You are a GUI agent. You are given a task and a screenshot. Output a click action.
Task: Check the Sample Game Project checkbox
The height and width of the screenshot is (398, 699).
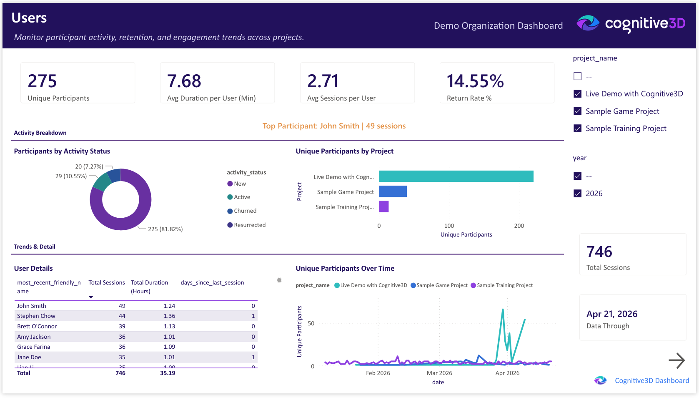click(x=577, y=111)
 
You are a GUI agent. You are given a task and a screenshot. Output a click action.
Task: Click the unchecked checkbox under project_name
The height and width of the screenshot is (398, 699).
click(x=577, y=76)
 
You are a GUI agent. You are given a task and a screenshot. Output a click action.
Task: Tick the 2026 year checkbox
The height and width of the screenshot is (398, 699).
click(x=577, y=194)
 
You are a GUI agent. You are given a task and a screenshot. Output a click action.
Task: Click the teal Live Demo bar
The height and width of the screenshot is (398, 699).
click(x=456, y=176)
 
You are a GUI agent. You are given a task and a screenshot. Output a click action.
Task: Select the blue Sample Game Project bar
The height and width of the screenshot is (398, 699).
click(x=392, y=191)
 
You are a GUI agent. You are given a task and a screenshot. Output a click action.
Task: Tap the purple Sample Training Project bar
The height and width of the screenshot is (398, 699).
click(x=383, y=207)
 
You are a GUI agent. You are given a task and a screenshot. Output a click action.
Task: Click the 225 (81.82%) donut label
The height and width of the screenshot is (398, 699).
click(x=165, y=229)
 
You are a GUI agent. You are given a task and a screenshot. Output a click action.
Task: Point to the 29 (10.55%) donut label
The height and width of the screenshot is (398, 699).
click(x=71, y=176)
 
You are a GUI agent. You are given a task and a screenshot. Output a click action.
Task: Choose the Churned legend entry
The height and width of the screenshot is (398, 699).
click(x=245, y=211)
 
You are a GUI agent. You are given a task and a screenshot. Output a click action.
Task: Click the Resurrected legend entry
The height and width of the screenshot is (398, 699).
click(x=249, y=225)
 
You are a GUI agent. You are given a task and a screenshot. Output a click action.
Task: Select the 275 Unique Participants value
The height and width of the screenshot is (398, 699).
click(x=42, y=81)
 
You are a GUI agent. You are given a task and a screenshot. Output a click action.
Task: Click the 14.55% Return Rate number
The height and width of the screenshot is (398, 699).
click(x=475, y=81)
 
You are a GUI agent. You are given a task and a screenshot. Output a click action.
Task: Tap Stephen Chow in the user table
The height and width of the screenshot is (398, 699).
click(x=36, y=316)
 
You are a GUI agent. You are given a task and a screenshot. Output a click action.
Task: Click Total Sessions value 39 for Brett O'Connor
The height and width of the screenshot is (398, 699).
click(x=122, y=326)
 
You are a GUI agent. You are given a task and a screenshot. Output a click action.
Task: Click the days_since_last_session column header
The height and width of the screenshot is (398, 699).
click(x=212, y=283)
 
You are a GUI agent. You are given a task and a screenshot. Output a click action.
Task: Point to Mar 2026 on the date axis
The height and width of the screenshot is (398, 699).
click(x=439, y=373)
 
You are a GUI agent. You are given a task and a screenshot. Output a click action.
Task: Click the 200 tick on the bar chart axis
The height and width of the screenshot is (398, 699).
click(x=519, y=226)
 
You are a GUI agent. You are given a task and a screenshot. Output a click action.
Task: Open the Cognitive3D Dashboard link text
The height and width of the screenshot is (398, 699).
click(x=651, y=380)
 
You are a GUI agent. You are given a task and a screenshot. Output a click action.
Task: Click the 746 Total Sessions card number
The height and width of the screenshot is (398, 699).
click(x=599, y=252)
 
